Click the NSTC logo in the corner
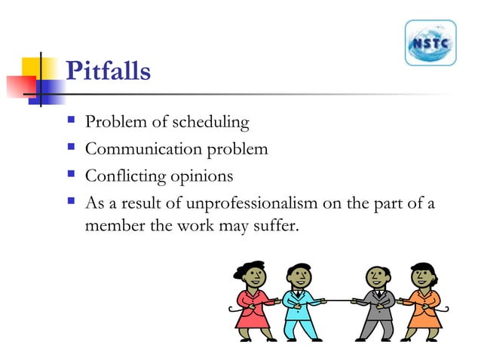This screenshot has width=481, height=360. (430, 43)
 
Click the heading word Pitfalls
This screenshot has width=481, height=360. (109, 72)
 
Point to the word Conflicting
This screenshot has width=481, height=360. (124, 176)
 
